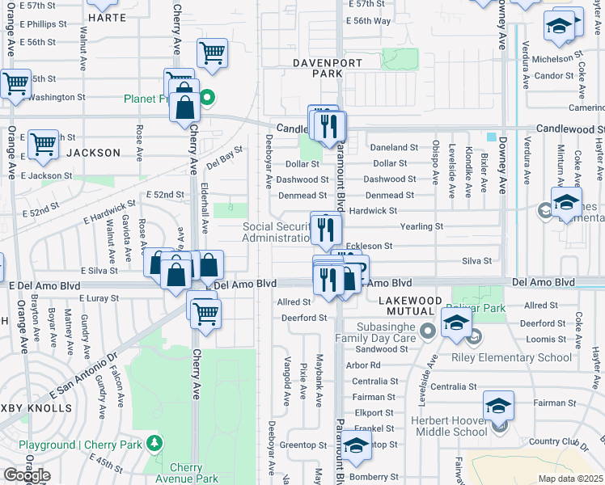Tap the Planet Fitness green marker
208,99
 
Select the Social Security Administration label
277,232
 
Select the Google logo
26,475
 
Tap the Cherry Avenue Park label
194,473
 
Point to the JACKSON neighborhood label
93,152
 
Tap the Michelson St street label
558,59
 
